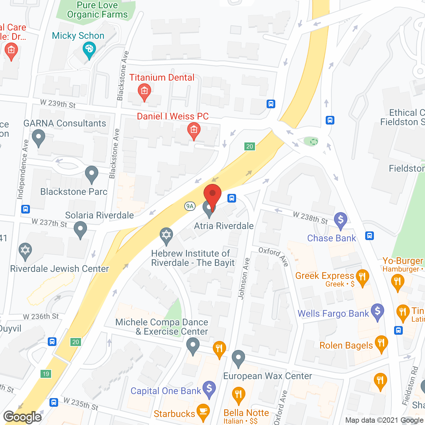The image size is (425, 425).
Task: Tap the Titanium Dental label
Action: pos(162,77)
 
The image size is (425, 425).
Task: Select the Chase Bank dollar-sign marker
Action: pos(341,220)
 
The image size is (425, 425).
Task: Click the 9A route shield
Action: pos(190,206)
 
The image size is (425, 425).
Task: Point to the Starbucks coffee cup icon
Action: pos(203,411)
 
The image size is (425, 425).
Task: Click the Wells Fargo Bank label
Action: pos(333,313)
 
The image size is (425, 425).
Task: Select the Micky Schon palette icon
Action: pos(89,50)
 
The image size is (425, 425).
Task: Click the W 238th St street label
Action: pos(310,218)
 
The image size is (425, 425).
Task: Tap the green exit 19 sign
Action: pos(46,374)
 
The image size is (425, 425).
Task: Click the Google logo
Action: pos(23,417)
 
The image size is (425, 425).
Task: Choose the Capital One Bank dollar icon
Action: pos(209,388)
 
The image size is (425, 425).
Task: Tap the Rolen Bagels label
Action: pos(346,345)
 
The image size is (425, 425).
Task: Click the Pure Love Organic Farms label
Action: pos(97,10)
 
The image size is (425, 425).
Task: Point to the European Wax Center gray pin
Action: pos(238,358)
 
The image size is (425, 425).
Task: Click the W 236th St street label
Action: pos(41,317)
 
